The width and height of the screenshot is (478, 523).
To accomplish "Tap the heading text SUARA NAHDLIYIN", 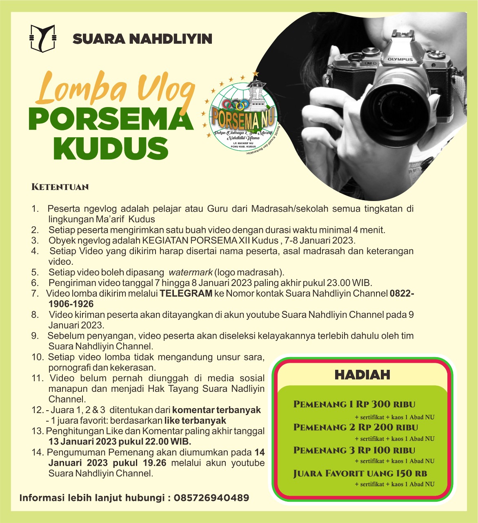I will point(142,39).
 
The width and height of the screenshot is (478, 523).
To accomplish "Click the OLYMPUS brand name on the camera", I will point(400,59).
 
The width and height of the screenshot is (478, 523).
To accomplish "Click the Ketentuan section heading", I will point(60,187).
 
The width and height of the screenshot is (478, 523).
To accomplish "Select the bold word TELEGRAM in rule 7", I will point(186,293).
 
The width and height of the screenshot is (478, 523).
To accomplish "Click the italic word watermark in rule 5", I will point(191,272).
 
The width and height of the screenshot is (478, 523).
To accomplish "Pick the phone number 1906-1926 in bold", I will point(71,304).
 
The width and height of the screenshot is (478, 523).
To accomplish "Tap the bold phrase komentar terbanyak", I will point(216,410).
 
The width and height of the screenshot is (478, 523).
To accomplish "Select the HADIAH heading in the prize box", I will point(362,375).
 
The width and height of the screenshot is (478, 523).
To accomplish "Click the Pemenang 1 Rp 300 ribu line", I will point(354,405).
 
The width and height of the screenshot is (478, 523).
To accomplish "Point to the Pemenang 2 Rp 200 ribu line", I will point(356,427).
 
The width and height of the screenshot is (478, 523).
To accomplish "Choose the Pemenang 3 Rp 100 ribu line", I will point(354,450).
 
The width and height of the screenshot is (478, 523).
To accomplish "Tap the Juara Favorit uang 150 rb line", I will point(360,474).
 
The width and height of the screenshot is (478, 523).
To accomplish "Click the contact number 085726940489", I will point(211,498).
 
